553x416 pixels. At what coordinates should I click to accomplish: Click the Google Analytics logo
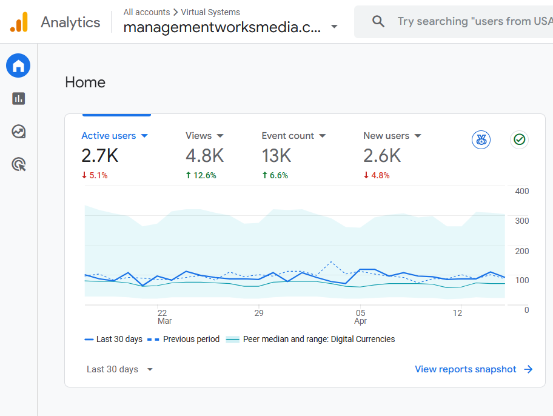(19, 22)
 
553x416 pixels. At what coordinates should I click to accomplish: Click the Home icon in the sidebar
(18, 65)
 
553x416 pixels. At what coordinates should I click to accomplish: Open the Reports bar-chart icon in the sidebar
(18, 98)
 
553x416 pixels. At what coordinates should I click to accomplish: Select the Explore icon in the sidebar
(18, 131)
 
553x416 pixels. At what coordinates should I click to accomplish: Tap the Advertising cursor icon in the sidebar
(18, 164)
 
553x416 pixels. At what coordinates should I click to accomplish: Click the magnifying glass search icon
(378, 22)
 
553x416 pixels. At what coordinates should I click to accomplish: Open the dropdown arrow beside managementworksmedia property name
(334, 27)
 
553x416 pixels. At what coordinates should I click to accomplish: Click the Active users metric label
(109, 136)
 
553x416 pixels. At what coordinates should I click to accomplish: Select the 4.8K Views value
(204, 156)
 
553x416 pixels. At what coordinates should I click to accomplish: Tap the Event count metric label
(288, 136)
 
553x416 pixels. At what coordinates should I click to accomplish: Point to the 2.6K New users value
(382, 156)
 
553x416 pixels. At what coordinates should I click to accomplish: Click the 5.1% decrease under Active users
(95, 176)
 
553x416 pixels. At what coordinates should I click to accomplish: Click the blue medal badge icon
(481, 140)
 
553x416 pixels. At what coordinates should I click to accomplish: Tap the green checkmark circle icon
(519, 140)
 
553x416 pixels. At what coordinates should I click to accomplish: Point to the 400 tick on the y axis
(521, 191)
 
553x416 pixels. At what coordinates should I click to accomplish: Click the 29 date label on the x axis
(259, 313)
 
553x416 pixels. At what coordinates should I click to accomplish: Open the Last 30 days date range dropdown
(119, 369)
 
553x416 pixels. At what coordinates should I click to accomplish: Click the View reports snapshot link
(474, 369)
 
